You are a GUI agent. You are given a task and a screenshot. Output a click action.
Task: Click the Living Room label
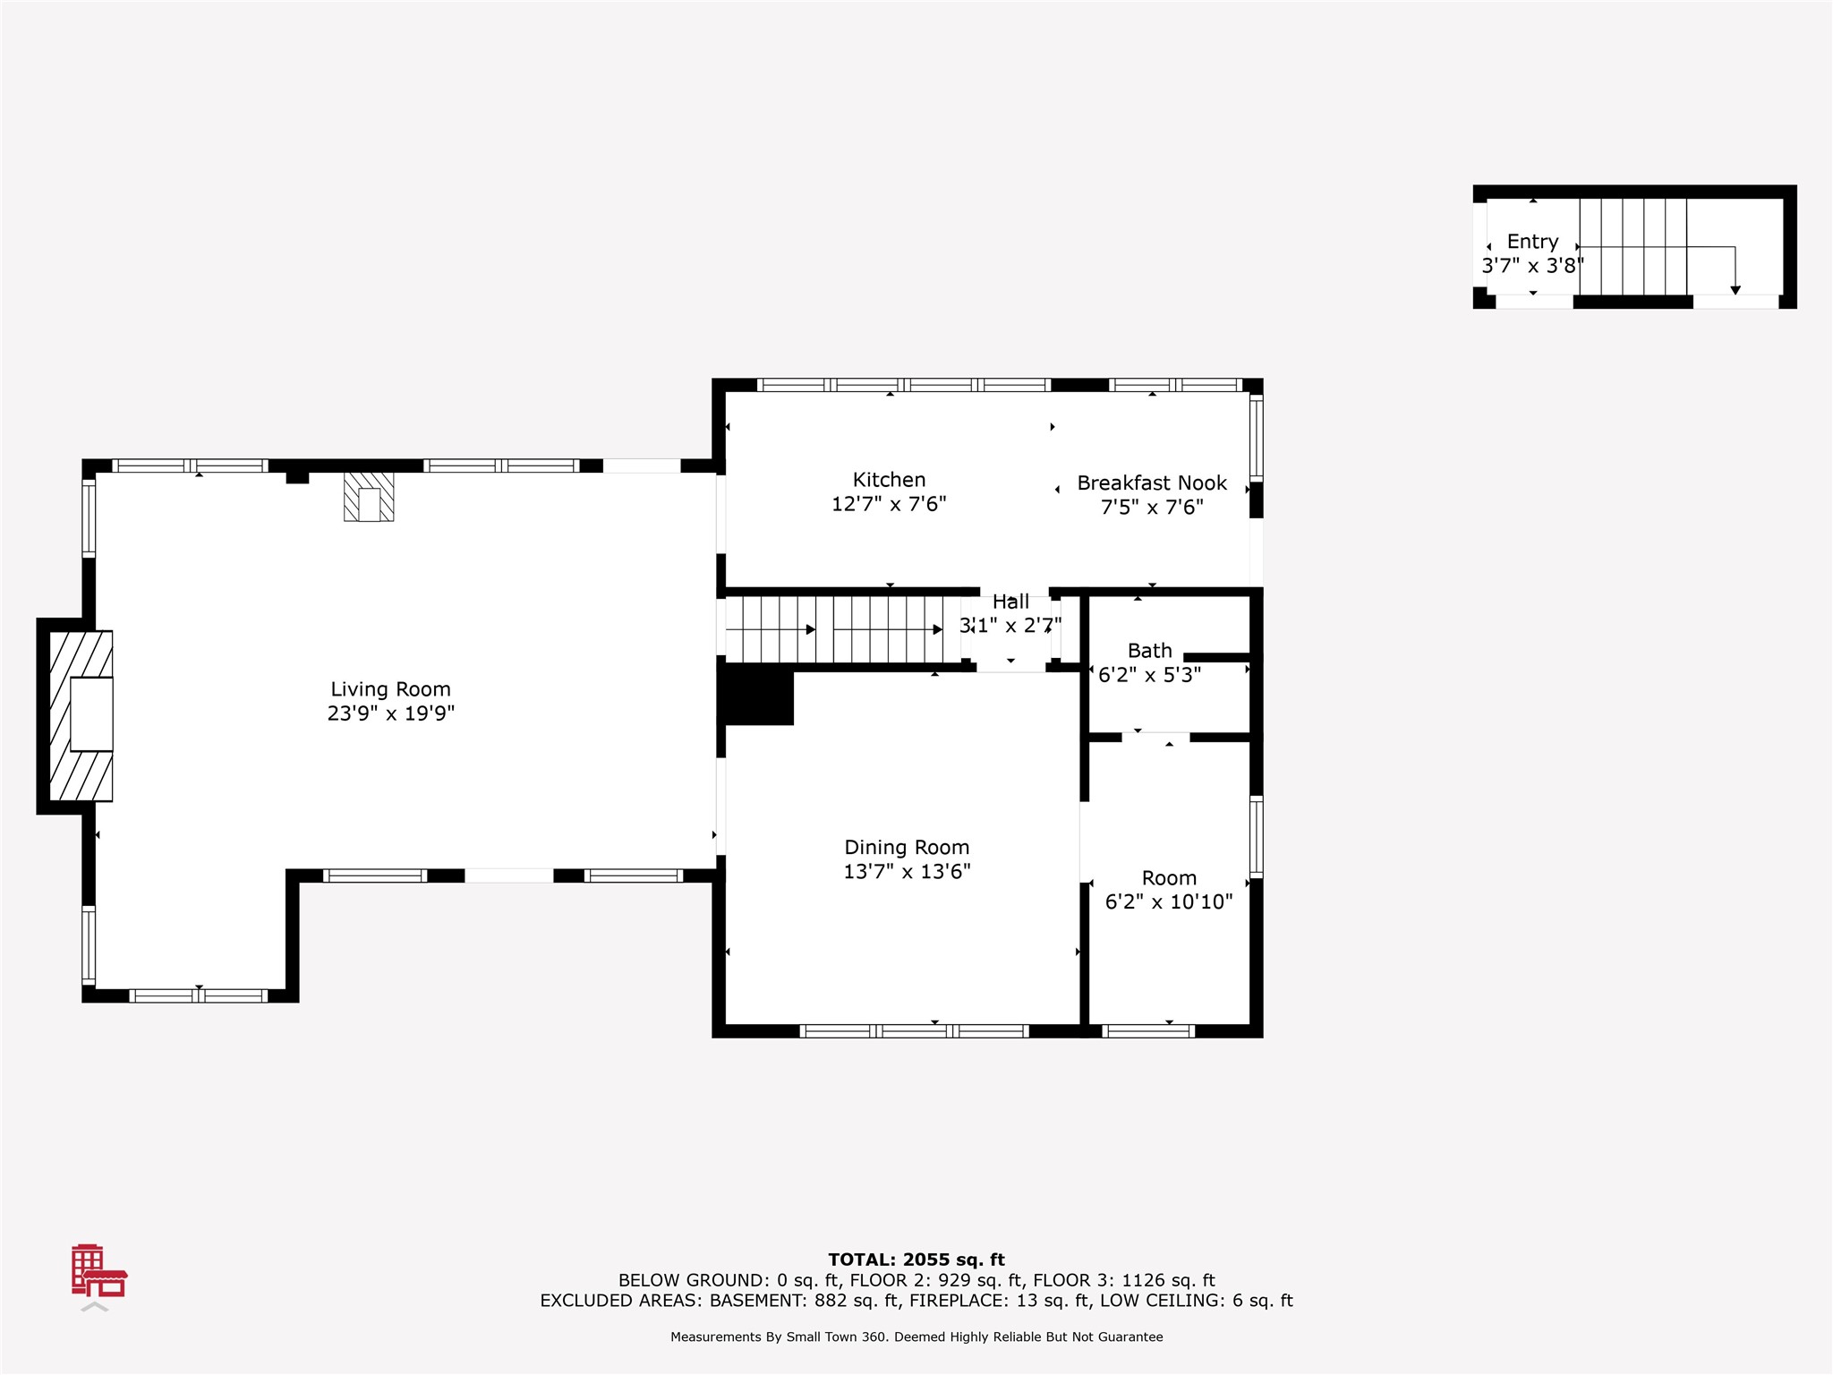click(390, 689)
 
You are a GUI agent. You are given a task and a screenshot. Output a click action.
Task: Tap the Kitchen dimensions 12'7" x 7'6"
click(889, 504)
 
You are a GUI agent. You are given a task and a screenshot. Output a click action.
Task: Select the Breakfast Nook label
click(1152, 483)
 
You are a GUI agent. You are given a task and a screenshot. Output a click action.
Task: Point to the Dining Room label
click(907, 847)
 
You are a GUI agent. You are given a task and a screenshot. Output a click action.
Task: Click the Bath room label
click(1149, 651)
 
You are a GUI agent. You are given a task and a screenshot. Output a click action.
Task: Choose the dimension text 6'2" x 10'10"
click(1169, 901)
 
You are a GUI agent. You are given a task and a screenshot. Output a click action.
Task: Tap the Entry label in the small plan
click(1532, 242)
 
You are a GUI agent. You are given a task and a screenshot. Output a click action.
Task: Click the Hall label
click(1010, 602)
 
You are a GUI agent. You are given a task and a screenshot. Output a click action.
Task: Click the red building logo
click(98, 1270)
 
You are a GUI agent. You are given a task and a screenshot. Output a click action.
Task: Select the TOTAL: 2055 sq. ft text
click(916, 1260)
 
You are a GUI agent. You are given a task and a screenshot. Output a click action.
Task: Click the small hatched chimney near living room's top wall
click(369, 497)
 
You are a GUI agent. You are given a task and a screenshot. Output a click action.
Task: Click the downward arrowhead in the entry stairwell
click(1735, 290)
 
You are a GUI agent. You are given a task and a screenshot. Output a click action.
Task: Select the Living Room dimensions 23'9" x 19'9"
click(390, 713)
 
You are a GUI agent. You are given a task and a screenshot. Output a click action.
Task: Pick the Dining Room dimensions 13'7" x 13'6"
click(907, 871)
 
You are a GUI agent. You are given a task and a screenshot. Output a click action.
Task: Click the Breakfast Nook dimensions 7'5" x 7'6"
click(1152, 508)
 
